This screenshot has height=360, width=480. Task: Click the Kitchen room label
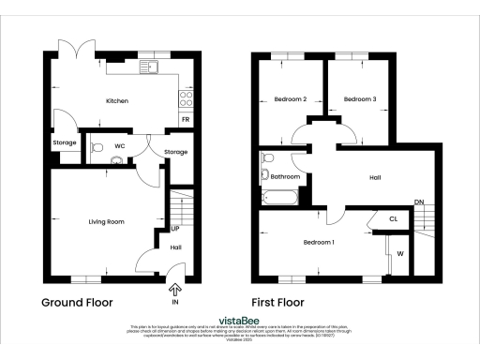coord(116,100)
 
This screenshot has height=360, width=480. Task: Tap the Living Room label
coord(107,221)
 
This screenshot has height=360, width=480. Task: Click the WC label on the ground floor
coord(120,146)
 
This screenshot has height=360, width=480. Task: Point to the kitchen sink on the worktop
coord(150,67)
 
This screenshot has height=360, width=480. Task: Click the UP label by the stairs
coord(175,228)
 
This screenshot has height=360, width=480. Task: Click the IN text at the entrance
coord(175,303)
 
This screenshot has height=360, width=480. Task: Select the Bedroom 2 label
coord(291,99)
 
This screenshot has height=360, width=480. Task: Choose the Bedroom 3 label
coord(359,99)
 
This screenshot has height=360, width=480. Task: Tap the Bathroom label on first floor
coord(286,175)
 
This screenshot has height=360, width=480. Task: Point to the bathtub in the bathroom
coord(279,197)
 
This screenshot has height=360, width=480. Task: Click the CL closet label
coord(394,221)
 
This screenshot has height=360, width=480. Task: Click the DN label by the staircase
coord(419,201)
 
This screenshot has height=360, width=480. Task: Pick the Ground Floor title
coord(77,303)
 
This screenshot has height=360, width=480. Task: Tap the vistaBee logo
coord(240,319)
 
